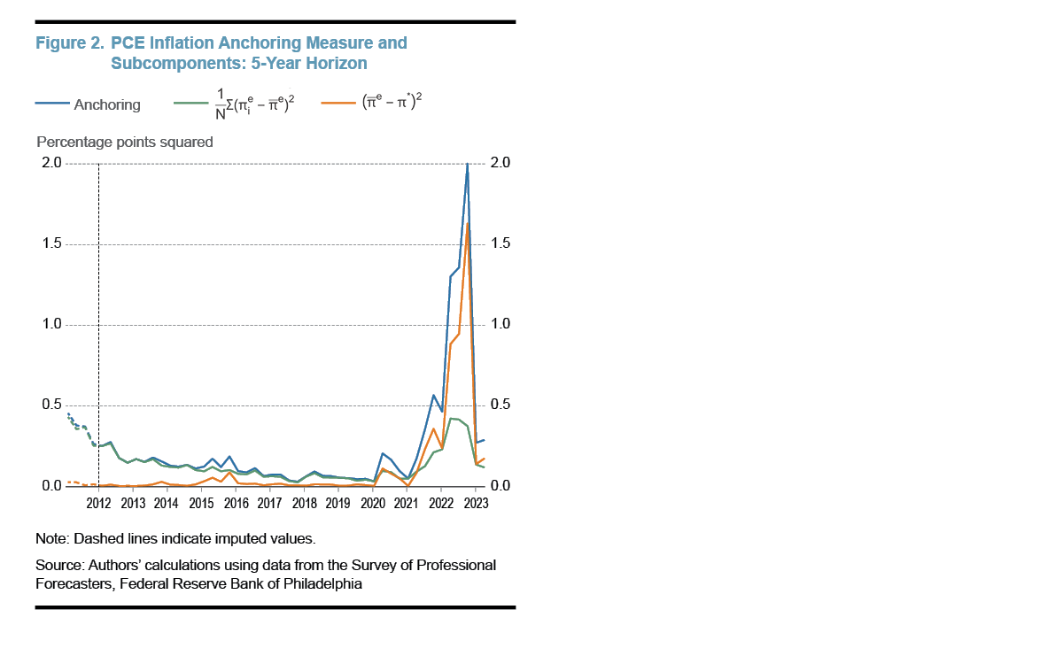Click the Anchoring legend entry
click(x=106, y=104)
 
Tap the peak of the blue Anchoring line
click(x=467, y=165)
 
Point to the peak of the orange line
click(x=468, y=223)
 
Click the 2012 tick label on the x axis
click(x=98, y=503)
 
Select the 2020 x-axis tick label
click(x=372, y=503)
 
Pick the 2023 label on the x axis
click(x=475, y=503)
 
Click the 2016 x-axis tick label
click(x=236, y=503)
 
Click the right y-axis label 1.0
click(x=500, y=324)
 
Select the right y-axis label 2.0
click(x=500, y=163)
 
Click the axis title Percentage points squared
click(x=124, y=142)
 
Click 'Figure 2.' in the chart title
click(x=69, y=42)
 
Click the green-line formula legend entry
click(x=257, y=104)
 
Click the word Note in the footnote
click(x=50, y=538)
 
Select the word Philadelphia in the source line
click(x=322, y=584)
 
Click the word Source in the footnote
click(x=58, y=565)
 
